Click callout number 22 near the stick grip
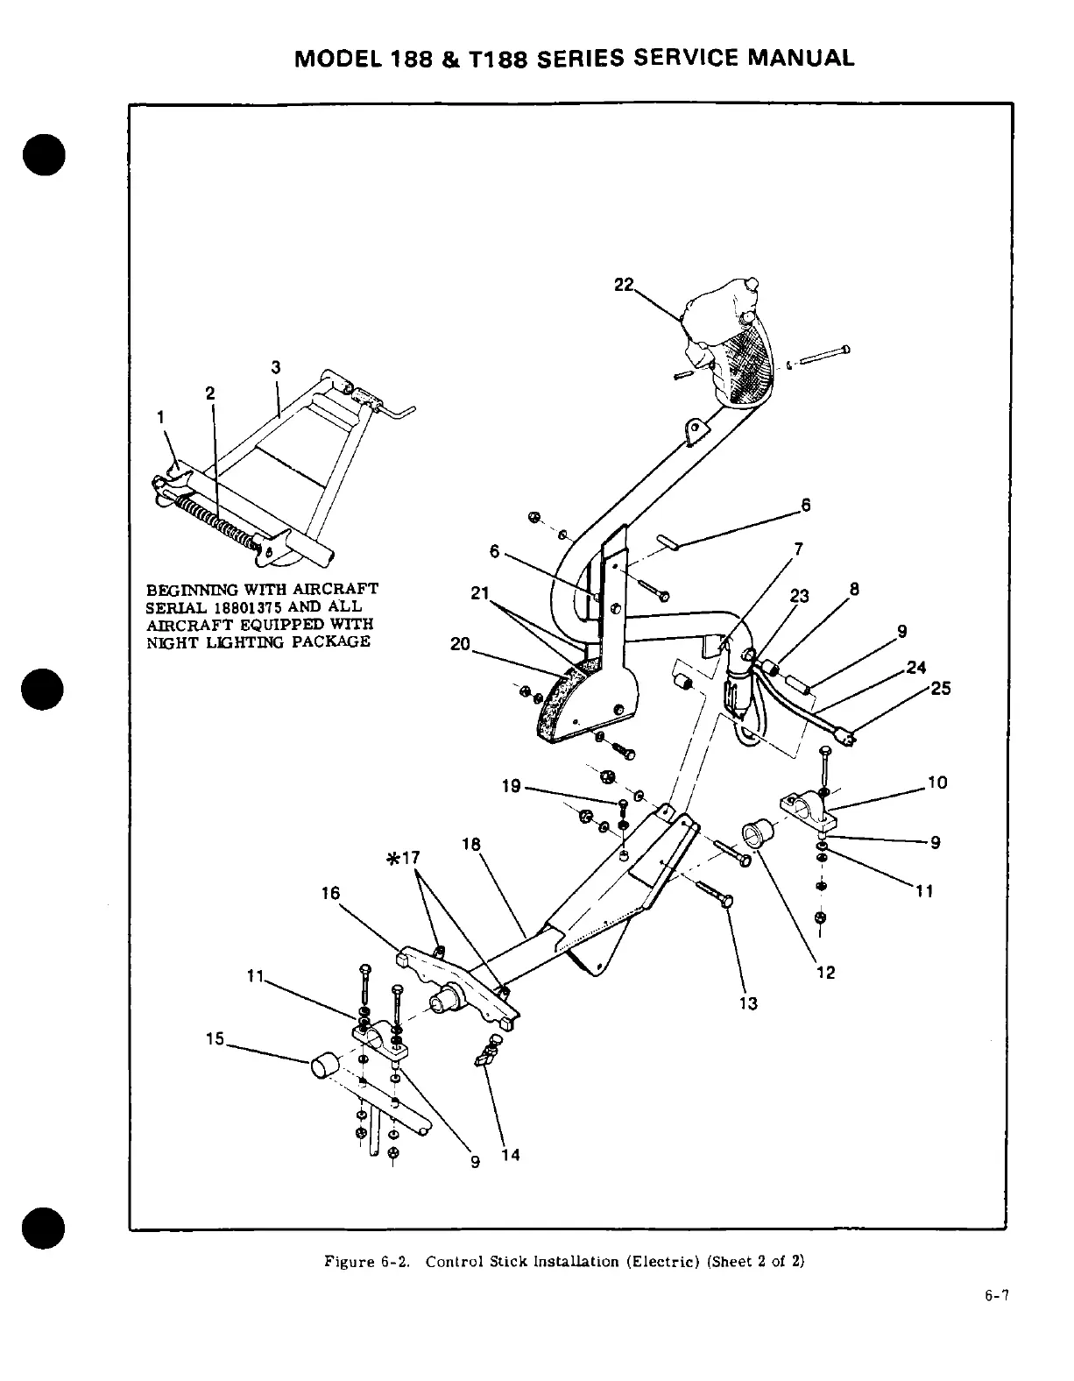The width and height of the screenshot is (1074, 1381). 623,261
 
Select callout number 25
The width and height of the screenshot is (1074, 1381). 940,689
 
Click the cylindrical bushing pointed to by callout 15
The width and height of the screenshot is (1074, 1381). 323,1067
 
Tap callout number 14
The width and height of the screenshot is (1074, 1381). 511,1155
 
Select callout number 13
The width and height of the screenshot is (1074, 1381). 749,1003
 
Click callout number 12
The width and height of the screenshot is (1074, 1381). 825,972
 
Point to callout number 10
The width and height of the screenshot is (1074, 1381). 937,783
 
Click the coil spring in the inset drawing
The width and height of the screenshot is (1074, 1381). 215,520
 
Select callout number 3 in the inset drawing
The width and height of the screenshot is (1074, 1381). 276,366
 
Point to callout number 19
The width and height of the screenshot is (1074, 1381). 511,786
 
